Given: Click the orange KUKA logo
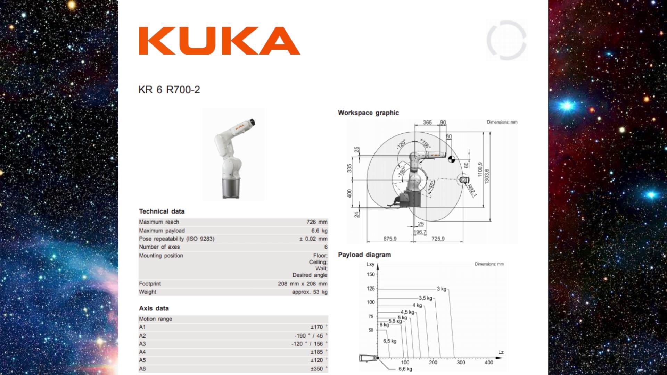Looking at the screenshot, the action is [220, 41].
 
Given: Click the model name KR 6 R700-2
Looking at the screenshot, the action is [169, 90].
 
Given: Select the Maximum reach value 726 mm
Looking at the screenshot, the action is [317, 222].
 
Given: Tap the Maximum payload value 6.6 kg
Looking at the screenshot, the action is [319, 231].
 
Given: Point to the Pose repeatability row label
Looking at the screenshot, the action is [176, 239].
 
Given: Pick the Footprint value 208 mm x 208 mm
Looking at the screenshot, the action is [303, 284].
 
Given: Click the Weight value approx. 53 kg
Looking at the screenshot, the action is [310, 292].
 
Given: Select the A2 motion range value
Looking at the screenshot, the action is [311, 336].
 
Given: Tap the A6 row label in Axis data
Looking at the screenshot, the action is [142, 369].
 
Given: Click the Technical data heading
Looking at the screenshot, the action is [162, 211].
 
